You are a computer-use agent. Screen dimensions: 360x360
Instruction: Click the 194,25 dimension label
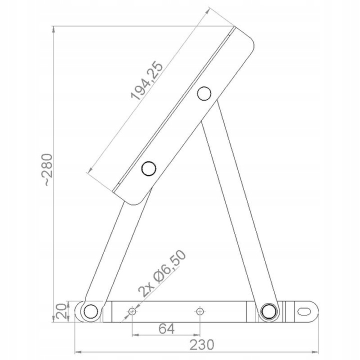[x=147, y=80]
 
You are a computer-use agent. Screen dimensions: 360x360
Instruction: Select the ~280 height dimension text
[x=48, y=170]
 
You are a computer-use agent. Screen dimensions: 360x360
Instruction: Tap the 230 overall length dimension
[x=201, y=344]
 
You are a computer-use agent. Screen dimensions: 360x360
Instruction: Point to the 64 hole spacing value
[x=166, y=328]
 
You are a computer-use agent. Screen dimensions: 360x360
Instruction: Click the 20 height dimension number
[x=61, y=311]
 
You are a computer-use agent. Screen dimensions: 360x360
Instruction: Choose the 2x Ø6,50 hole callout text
[x=162, y=273]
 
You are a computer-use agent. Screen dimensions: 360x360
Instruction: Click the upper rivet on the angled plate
[x=204, y=93]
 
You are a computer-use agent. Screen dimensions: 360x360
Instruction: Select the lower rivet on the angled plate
[x=149, y=168]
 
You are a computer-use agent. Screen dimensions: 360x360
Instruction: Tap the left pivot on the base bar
[x=91, y=311]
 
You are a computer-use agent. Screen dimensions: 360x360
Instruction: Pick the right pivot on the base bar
[x=268, y=311]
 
